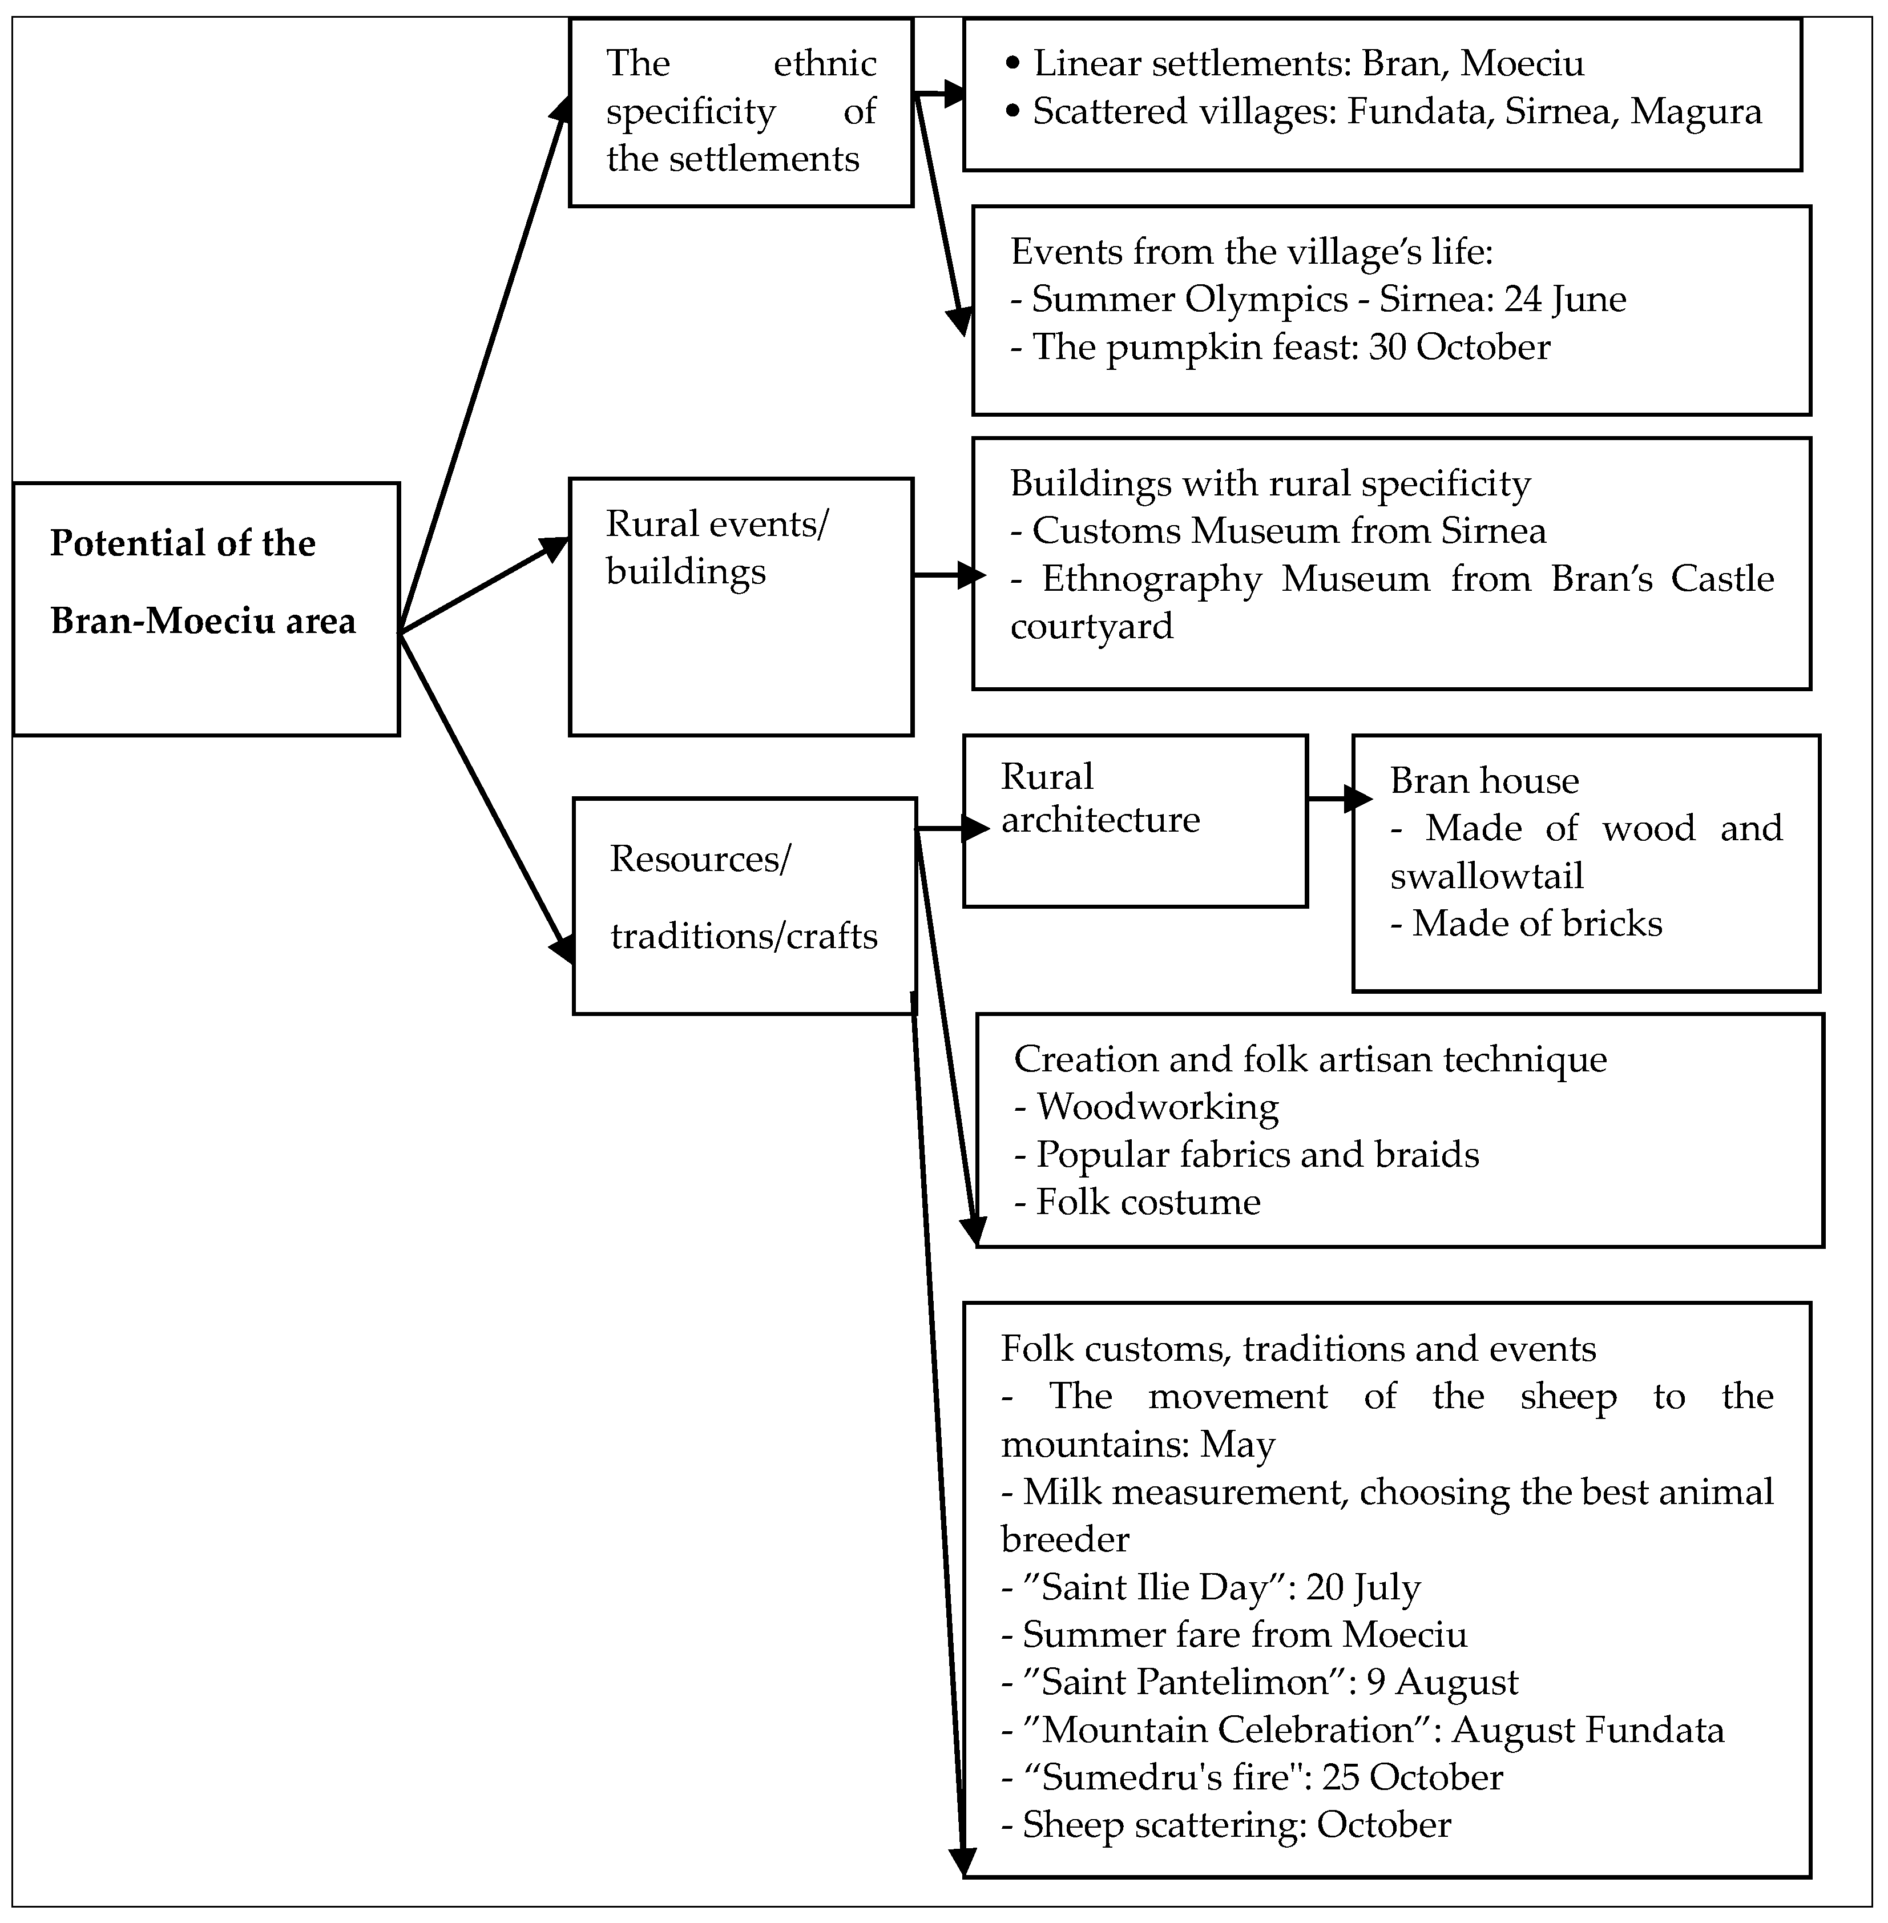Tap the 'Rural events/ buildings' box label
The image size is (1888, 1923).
[716, 547]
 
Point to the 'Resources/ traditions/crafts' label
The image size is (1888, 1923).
[744, 897]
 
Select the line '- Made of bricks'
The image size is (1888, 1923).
[1526, 924]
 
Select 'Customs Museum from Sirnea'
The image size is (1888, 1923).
[1278, 531]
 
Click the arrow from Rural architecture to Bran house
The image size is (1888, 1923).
[1338, 799]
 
